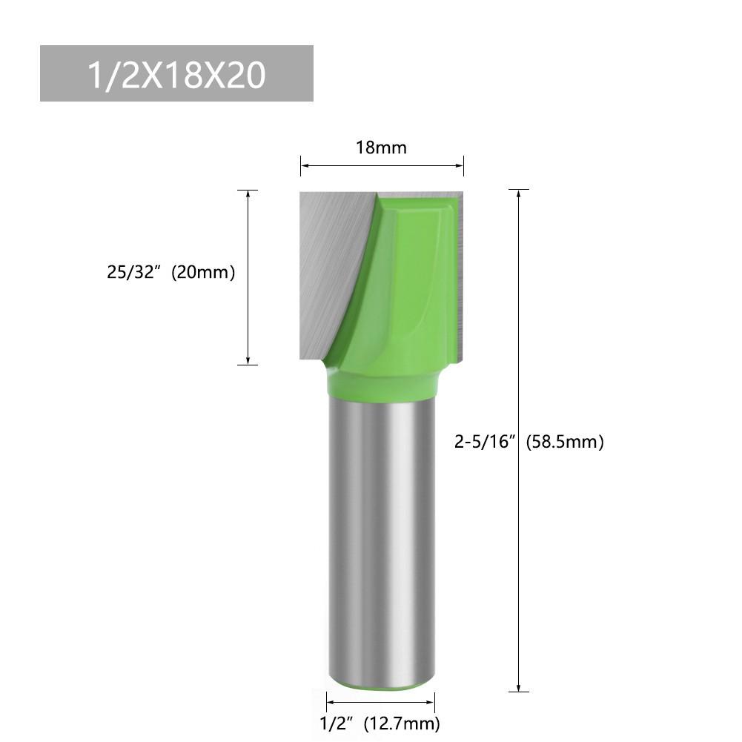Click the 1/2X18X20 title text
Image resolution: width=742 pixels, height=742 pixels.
point(176,74)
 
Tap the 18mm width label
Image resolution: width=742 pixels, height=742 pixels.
point(381,148)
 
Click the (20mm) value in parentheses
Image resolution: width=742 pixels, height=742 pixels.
point(202,273)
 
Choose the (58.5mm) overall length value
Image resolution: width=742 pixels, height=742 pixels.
point(565,443)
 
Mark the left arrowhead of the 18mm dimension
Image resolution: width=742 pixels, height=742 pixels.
point(304,165)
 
